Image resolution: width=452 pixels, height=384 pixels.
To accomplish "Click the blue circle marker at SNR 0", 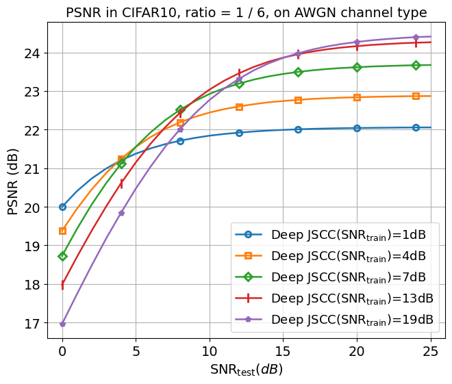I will (62, 207).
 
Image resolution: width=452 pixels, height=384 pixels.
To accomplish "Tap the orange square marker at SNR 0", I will (62, 231).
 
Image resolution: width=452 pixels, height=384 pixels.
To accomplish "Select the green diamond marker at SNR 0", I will (62, 256).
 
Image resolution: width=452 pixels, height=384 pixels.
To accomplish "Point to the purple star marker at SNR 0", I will (62, 324).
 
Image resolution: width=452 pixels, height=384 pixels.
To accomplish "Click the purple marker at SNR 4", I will (121, 213).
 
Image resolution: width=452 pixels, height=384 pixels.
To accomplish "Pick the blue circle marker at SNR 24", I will (416, 127).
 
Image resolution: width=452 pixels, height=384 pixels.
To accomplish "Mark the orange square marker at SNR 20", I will (357, 97).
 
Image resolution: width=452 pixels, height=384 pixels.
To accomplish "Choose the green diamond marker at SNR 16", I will (298, 72).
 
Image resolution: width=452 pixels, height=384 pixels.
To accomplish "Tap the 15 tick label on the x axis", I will (284, 352).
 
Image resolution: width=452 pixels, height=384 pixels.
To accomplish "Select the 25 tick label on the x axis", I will (431, 352).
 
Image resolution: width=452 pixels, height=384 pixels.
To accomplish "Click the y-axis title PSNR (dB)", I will (13, 181).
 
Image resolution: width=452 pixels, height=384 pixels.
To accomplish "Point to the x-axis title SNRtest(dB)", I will (246, 370).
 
